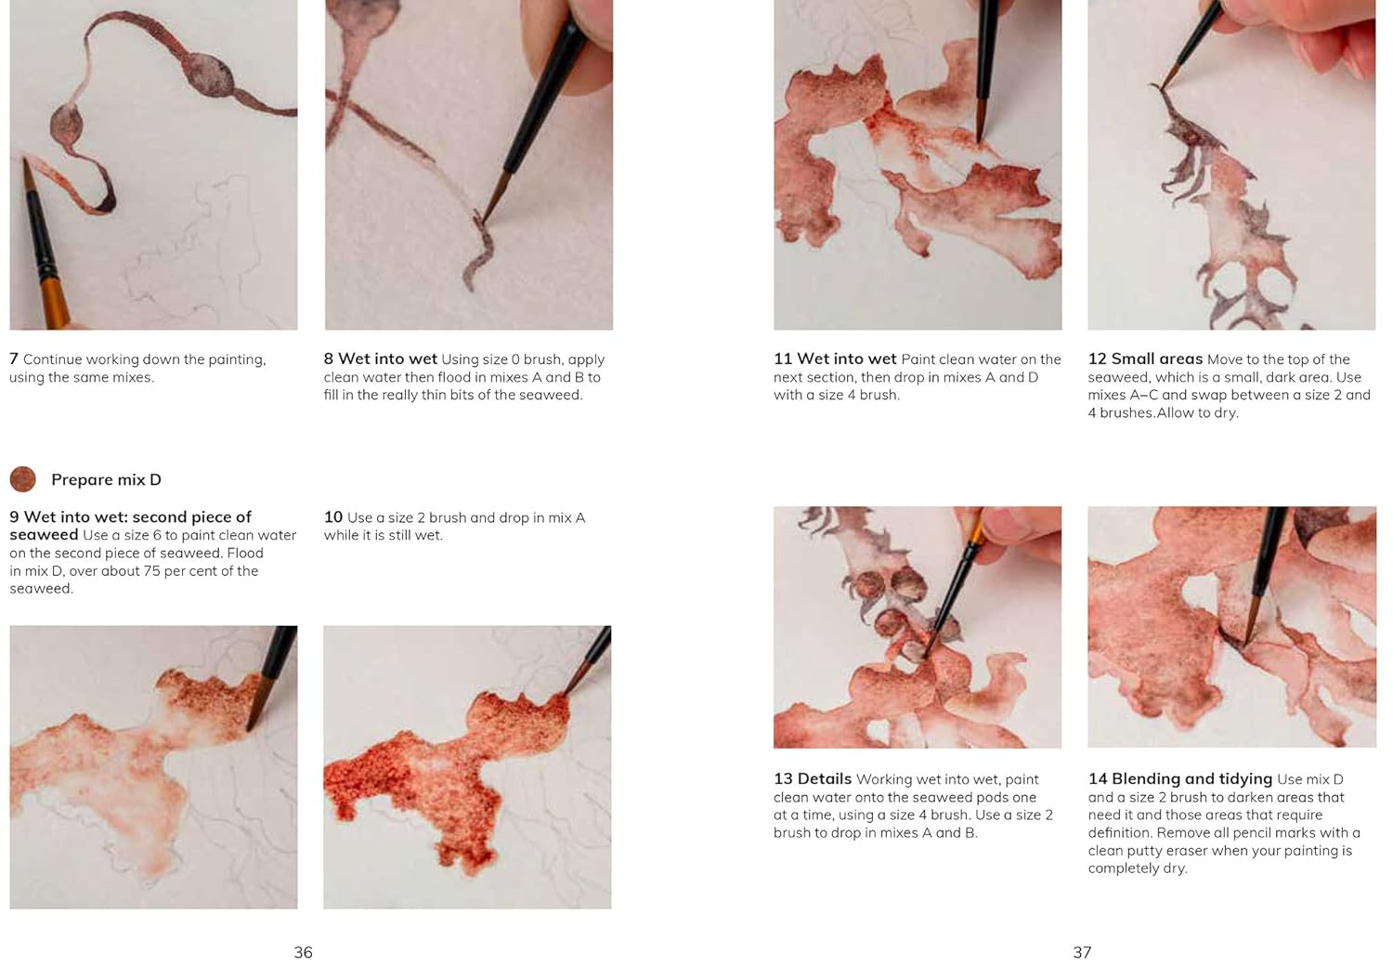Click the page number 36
[x=303, y=952]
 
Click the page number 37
[x=1082, y=952]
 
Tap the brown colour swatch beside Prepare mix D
[x=23, y=479]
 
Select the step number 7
[x=14, y=359]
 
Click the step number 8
[x=329, y=359]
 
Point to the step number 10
[x=333, y=516]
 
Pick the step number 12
[x=1097, y=359]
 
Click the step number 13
[x=783, y=778]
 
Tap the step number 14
[x=1098, y=778]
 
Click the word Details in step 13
[x=825, y=778]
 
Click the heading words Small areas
[x=1157, y=359]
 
